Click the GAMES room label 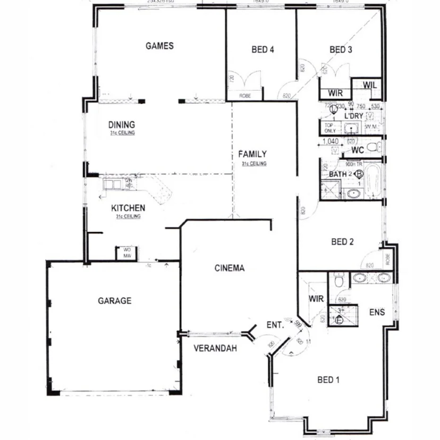pyautogui.click(x=159, y=46)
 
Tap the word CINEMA pyautogui.click(x=229, y=268)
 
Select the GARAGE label pyautogui.click(x=114, y=300)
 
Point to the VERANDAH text pyautogui.click(x=215, y=349)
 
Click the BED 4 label pyautogui.click(x=262, y=49)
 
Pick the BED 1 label pyautogui.click(x=329, y=380)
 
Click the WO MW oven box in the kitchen pyautogui.click(x=127, y=253)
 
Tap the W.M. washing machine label pyautogui.click(x=370, y=127)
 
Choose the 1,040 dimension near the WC pyautogui.click(x=330, y=141)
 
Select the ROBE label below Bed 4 pyautogui.click(x=245, y=95)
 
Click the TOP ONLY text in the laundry pyautogui.click(x=330, y=128)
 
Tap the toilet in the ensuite pyautogui.click(x=338, y=280)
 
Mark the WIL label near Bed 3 pyautogui.click(x=370, y=85)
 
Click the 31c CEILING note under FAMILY pyautogui.click(x=254, y=164)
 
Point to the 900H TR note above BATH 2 pyautogui.click(x=354, y=165)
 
